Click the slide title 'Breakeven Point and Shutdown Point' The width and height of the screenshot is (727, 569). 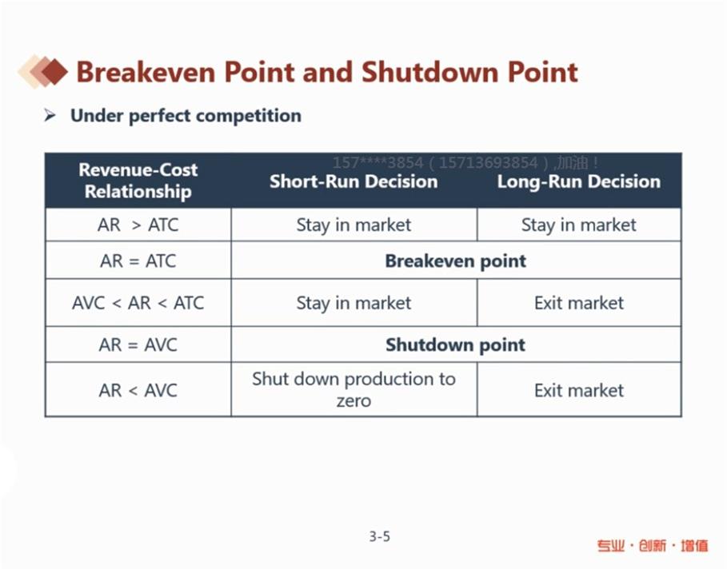pos(327,72)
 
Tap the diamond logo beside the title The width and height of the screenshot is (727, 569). pos(42,71)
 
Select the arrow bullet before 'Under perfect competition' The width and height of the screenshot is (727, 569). pos(50,115)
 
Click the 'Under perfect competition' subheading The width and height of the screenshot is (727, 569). pos(186,116)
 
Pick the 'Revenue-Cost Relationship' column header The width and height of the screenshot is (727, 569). pos(138,181)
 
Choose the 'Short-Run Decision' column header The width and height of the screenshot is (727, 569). pos(354,181)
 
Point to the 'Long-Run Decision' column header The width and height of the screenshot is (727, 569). pos(578,181)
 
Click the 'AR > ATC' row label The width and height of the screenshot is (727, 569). pos(138,225)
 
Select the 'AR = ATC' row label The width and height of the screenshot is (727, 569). pos(138,261)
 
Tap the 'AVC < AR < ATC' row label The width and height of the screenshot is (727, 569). pos(138,303)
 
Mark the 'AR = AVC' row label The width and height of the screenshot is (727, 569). pos(138,344)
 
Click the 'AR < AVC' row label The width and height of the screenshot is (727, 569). pos(138,390)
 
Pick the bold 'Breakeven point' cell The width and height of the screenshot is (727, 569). pos(456,261)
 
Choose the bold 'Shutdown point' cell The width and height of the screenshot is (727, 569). pos(456,344)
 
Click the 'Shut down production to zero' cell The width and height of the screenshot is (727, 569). pos(354,390)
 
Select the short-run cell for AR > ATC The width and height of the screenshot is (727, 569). pos(354,225)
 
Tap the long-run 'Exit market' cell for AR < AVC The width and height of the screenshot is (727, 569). pos(579,391)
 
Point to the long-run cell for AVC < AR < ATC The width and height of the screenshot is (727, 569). pos(579,303)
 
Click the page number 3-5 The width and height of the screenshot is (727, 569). pos(379,536)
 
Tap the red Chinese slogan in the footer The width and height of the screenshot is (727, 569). pos(653,546)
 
